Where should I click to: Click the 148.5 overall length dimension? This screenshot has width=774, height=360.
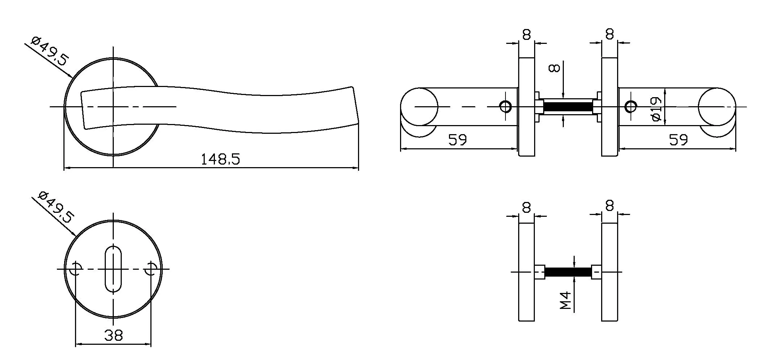(x=220, y=159)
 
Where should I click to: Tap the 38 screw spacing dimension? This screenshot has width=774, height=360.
(x=113, y=335)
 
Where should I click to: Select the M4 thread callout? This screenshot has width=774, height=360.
(x=565, y=301)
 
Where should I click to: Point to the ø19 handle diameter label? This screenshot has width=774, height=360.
(x=656, y=108)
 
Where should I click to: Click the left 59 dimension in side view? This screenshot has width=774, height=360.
(x=457, y=140)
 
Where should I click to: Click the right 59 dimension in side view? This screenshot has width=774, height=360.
(x=678, y=140)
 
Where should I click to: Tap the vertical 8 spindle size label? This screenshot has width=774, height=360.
(x=555, y=68)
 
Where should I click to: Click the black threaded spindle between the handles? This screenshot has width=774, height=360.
(x=568, y=107)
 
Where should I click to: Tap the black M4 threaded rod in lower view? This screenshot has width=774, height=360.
(x=568, y=272)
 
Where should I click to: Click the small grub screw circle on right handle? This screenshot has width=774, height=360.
(x=631, y=107)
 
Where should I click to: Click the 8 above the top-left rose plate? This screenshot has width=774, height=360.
(x=527, y=35)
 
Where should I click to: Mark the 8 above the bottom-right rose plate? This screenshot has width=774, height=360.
(x=609, y=206)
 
